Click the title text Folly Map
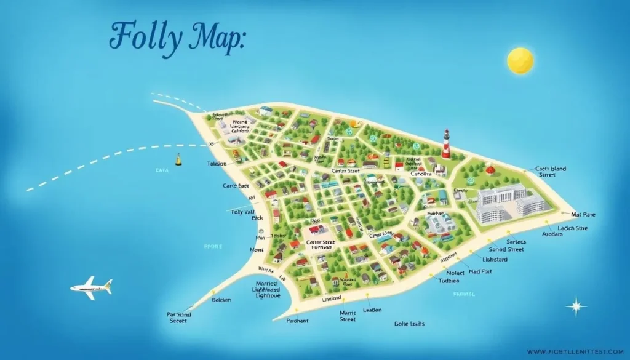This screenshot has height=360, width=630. pos(177,37)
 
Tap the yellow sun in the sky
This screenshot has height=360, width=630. pos(520,61)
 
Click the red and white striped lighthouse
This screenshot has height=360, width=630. pos(446,143)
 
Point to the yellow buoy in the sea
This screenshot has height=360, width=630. pos(179,160)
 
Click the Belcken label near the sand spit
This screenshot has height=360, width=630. pos(221,300)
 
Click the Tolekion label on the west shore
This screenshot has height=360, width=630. pos(216,164)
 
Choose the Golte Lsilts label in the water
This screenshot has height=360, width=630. pos(409,323)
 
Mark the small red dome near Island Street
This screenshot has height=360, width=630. pos(490,169)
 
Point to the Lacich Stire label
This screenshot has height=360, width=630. pos(572,228)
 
